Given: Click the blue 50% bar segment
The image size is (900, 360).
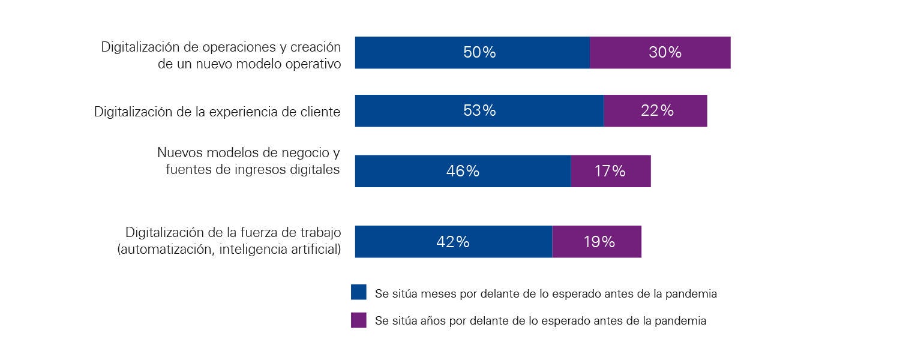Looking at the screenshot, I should [472, 53].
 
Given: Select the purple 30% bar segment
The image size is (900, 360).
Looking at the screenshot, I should [660, 53].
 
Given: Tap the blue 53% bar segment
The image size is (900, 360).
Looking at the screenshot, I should [479, 111].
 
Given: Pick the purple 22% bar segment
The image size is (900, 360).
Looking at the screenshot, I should [655, 111].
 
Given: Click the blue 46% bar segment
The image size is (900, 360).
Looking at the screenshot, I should [463, 171].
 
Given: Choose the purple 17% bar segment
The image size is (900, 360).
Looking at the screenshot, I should [610, 171].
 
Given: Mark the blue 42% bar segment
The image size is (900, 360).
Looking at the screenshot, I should [453, 242].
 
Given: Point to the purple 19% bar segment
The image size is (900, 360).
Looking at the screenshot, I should [596, 242].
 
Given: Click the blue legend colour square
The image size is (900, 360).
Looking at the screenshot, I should [358, 292].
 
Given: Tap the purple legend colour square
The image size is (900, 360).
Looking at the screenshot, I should [358, 320].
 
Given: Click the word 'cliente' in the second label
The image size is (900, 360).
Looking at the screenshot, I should [319, 112].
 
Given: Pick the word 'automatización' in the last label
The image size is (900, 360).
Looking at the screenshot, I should [166, 249].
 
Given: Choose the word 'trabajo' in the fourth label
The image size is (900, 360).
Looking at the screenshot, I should [320, 232].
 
